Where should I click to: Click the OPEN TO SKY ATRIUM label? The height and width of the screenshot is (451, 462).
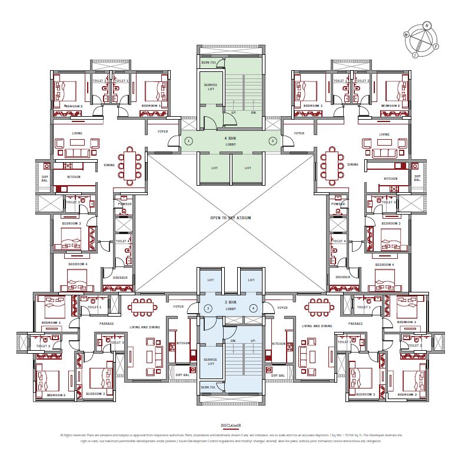point(231,218)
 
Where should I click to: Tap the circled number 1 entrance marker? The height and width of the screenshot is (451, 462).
point(188,141)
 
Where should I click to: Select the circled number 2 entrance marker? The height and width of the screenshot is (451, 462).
point(273,141)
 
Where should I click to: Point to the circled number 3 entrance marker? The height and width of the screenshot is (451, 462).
point(208,308)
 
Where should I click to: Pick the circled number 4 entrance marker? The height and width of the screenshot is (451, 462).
point(254,308)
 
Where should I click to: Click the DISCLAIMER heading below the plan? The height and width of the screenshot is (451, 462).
point(231,424)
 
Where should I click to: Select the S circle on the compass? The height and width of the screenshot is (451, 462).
point(415,55)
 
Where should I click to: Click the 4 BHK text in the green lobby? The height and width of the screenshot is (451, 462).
point(230,138)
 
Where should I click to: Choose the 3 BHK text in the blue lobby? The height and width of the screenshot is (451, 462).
point(230,302)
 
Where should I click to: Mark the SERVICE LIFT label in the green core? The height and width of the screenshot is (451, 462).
point(211,86)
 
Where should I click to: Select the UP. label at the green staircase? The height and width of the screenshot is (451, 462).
point(234,112)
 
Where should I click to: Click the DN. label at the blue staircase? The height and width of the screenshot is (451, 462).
point(234,341)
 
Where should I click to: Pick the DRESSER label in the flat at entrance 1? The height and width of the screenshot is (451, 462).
point(120,277)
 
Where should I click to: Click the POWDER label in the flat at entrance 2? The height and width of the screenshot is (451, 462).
point(338,204)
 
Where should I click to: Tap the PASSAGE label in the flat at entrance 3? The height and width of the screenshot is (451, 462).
point(107,324)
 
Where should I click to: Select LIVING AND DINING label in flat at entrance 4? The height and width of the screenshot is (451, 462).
point(317,325)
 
